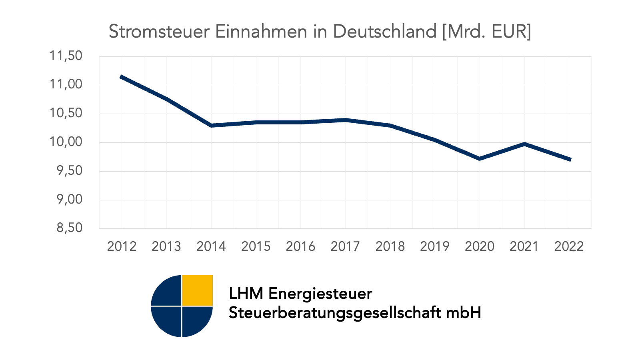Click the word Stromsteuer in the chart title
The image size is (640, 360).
point(159,32)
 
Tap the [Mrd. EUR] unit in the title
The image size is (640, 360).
point(486,32)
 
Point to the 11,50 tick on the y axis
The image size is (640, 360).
point(66,56)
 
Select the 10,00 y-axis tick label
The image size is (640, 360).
point(66,142)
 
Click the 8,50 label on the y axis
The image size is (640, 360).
point(69,228)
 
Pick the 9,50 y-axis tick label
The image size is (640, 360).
point(69,171)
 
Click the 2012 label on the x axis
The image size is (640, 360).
point(122,246)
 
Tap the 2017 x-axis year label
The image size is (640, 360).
point(345,246)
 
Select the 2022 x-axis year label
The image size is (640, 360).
point(569,246)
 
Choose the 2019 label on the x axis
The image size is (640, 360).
point(435,246)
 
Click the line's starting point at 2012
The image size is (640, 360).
point(122,77)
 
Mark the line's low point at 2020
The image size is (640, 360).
point(479,159)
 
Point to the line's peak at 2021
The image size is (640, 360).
point(524,144)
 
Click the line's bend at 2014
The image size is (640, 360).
point(211,126)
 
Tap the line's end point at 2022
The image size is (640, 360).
point(570,160)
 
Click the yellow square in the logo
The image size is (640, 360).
point(197,290)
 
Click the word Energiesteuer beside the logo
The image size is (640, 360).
point(320,294)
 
